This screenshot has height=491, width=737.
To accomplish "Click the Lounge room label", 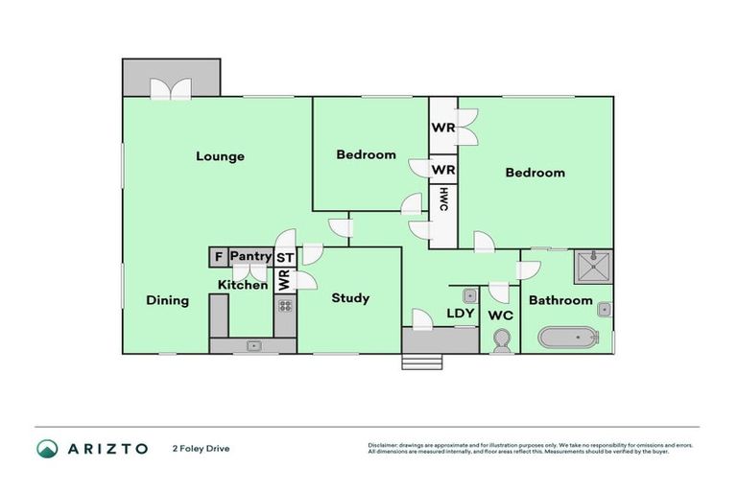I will [x=220, y=156].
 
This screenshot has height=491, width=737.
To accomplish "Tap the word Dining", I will [x=167, y=300].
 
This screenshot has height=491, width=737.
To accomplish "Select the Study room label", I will [x=350, y=298].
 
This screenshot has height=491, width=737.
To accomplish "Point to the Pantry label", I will [x=250, y=256].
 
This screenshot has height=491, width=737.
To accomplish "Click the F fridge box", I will [x=218, y=257].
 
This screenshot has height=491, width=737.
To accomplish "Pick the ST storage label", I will [x=285, y=258].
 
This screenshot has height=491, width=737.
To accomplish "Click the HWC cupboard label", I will [x=443, y=199].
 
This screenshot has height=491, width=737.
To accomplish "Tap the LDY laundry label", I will [x=462, y=314].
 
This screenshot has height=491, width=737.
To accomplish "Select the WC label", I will [x=501, y=315].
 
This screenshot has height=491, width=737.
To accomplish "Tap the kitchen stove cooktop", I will [x=285, y=307].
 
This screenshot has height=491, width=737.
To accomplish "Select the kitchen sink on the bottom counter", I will [x=254, y=345].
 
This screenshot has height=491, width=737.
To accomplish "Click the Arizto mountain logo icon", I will [x=47, y=448].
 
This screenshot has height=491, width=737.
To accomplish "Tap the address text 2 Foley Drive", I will [x=202, y=448].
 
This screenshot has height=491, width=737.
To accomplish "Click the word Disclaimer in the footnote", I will [x=384, y=445].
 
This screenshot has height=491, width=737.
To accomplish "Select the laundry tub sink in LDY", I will [x=470, y=295].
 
